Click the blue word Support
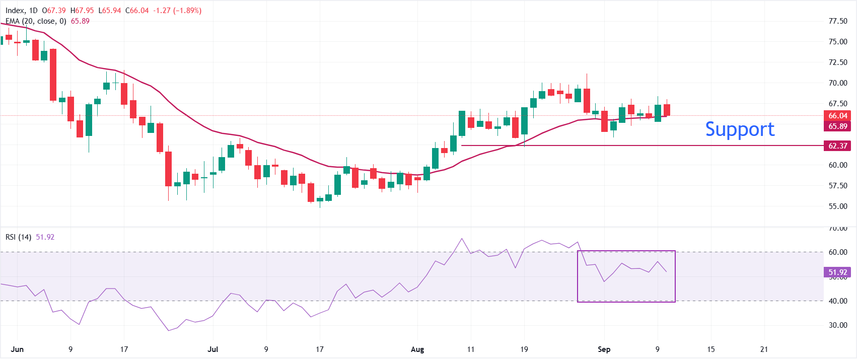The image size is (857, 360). click(740, 129)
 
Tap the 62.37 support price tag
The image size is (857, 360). click(837, 146)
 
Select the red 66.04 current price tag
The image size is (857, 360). click(837, 115)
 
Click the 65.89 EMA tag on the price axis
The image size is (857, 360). click(837, 126)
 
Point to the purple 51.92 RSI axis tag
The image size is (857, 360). click(837, 272)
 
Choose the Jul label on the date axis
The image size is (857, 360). click(212, 349)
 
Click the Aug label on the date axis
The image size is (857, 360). click(417, 349)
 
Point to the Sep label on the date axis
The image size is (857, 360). click(604, 349)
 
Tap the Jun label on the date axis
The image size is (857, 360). click(17, 349)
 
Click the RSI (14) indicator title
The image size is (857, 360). click(18, 237)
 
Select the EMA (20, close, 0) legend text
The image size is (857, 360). click(36, 21)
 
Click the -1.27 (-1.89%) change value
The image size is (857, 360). click(177, 11)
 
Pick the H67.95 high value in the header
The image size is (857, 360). click(82, 11)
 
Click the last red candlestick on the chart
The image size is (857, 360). click(667, 110)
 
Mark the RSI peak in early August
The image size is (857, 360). click(462, 239)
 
